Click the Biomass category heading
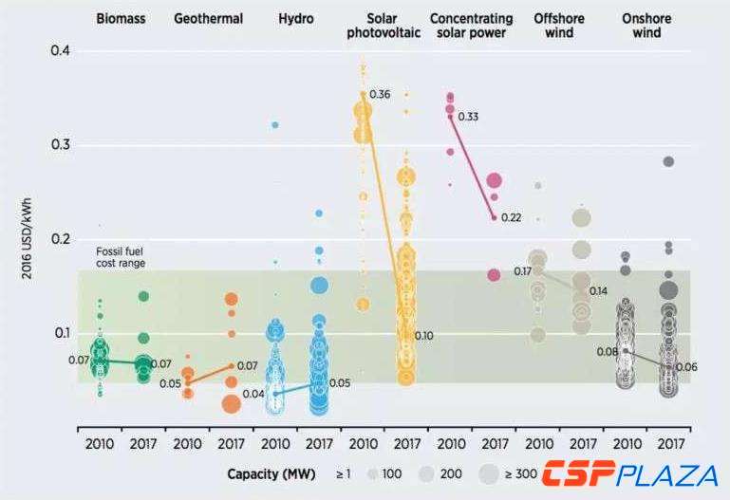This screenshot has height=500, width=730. pos(120,18)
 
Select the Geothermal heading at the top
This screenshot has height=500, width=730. pos(209,18)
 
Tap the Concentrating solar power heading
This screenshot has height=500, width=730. pos(471,26)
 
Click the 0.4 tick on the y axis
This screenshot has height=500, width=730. pos(61,49)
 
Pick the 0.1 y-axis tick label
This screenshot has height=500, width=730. pos(61,333)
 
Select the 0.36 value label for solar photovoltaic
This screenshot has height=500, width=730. pos(380,95)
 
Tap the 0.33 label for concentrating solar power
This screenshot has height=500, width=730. pos(468,117)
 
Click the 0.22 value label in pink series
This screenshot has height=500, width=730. pos(511,217)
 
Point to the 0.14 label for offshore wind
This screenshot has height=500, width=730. pos(598,290)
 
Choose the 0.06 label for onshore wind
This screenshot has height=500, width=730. pos(686,367)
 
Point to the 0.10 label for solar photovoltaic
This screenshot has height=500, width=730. pos(423,336)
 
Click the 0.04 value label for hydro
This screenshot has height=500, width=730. pos(253,394)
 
